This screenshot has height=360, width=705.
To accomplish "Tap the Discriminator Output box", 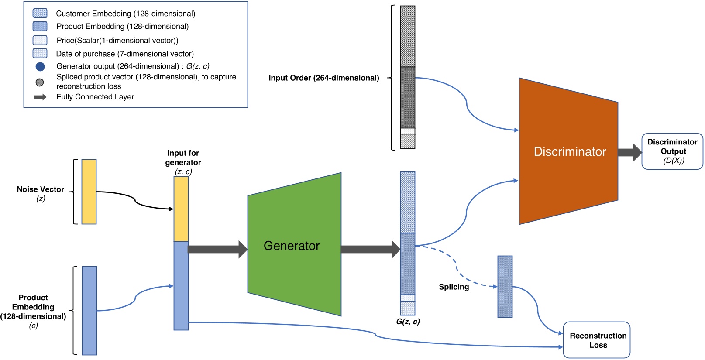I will point(672,151).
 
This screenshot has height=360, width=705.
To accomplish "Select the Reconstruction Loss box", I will point(597,340).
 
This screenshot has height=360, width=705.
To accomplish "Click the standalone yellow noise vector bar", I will point(89,192).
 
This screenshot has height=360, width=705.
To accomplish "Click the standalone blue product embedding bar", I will point(89,310).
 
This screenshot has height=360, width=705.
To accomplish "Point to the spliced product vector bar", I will point(505,286).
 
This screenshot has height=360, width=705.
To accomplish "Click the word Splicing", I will point(454,287).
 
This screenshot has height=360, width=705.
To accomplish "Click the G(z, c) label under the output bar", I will point(408,322).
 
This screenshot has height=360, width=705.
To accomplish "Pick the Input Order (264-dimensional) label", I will point(323,78).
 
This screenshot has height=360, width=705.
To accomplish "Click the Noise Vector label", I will point(40,189).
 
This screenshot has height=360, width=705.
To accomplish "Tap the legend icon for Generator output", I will point(40,67).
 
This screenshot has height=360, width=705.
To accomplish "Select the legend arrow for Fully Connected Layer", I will point(40,97).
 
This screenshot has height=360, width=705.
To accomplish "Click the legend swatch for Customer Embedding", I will point(40,13).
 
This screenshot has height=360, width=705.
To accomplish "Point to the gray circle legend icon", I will point(40,82).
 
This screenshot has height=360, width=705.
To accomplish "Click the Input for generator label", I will point(183,158).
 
